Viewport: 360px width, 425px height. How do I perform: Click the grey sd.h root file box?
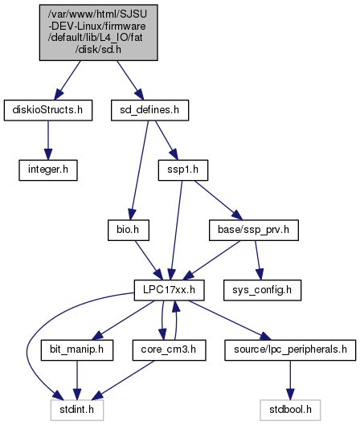[98, 32]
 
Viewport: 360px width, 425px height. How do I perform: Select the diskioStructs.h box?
[48, 110]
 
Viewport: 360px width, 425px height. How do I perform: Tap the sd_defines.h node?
[149, 110]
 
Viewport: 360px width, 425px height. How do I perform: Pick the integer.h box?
[48, 170]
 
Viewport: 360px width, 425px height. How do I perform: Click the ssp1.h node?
[183, 170]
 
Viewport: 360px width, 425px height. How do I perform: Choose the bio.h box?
[129, 230]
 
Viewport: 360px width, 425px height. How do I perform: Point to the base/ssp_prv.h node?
[254, 230]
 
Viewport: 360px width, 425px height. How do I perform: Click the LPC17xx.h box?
[170, 290]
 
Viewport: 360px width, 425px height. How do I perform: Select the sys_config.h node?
[262, 290]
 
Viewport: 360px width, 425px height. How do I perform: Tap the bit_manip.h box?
[77, 350]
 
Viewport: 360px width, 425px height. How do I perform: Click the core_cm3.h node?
[170, 350]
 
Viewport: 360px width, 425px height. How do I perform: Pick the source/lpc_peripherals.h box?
[290, 350]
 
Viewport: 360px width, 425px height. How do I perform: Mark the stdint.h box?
[77, 410]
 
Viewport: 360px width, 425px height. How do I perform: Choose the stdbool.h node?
[290, 410]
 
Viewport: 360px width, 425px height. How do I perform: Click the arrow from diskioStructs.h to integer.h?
[48, 141]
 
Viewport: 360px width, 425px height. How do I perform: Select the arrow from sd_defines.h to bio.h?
[139, 170]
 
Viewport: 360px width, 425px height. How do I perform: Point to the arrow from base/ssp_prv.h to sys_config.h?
[258, 260]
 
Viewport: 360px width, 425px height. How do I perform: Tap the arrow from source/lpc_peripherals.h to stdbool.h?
[290, 380]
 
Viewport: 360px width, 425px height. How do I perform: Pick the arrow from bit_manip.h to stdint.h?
[77, 380]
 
